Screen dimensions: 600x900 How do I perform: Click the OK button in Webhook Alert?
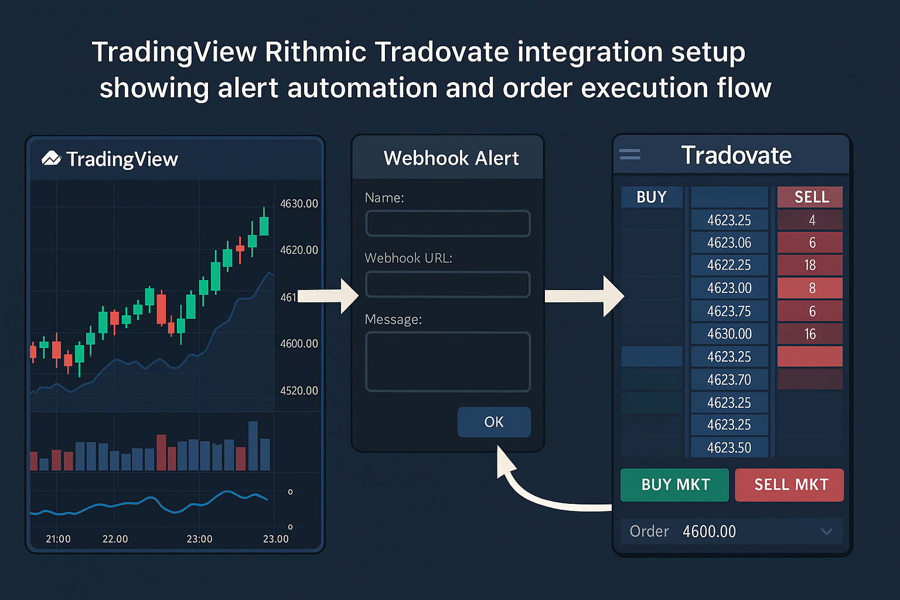(494, 422)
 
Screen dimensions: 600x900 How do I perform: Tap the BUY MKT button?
(674, 485)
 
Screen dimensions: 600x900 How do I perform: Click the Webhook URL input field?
(448, 284)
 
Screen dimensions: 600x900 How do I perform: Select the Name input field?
(448, 223)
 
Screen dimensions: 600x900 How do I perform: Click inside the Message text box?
(448, 362)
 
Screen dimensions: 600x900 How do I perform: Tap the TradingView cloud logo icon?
(52, 158)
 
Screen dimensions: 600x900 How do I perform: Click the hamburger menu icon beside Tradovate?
(630, 155)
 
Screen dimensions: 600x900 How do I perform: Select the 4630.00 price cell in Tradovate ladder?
(729, 334)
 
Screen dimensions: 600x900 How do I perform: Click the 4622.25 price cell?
(729, 265)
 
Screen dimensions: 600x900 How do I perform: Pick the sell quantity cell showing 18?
(810, 265)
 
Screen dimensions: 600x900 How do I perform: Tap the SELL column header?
(810, 197)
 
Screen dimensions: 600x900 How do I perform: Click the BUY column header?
(652, 197)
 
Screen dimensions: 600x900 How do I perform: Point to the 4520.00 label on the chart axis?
(299, 391)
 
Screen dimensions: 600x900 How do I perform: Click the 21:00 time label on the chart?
(58, 539)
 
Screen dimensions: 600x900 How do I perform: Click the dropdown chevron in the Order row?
(826, 531)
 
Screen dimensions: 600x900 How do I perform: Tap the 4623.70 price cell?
(729, 380)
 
